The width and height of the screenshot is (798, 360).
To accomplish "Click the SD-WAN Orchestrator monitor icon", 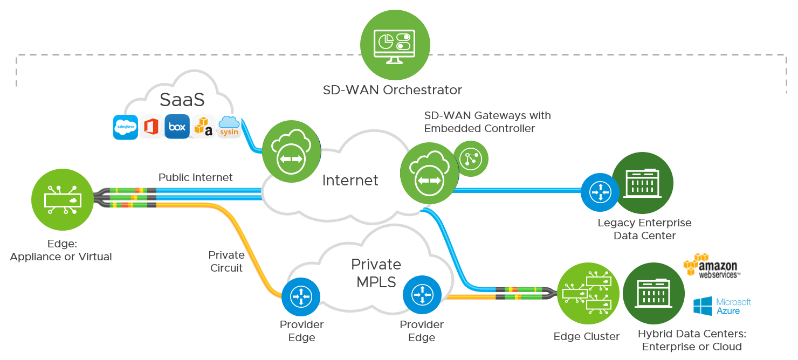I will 395,45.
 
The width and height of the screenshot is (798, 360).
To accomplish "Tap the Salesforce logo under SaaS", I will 125,127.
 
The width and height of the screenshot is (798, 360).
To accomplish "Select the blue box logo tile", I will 177,127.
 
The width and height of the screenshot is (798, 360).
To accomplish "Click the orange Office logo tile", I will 151,127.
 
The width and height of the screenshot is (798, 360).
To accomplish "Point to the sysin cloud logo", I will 229,127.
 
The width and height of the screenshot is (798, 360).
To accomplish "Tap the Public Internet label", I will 196,177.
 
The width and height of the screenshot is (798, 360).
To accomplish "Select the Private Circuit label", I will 226,261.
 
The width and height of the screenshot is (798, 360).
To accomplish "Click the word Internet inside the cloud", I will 350,180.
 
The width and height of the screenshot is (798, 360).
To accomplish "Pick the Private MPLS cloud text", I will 376,273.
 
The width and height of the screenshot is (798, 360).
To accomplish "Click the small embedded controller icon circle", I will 470,158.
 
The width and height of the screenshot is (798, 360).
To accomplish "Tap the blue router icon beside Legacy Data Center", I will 600,192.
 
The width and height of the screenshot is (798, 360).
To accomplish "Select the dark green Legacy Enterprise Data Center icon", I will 643,183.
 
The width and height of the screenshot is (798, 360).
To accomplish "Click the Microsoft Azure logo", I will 722,306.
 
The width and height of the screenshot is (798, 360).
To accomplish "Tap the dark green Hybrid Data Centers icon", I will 653,293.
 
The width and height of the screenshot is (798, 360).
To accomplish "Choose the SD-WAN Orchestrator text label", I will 393,89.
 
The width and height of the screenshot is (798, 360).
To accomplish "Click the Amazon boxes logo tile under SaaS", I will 203,127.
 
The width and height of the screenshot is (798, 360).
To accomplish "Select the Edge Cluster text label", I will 587,336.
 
